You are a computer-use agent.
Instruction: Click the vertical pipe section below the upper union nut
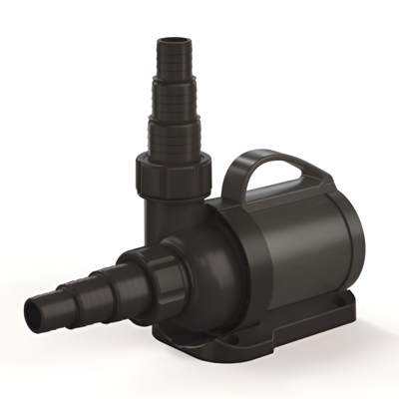[169, 214]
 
